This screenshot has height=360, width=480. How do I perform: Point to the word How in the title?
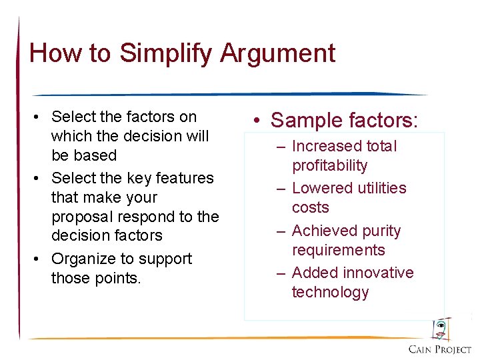(x=52, y=53)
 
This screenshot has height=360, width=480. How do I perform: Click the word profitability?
(x=329, y=165)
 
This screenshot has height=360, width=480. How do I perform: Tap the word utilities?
(x=381, y=188)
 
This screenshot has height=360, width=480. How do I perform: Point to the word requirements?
(x=338, y=250)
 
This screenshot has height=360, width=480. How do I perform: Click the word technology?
(x=330, y=292)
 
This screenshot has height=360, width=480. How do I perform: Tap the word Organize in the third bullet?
(x=81, y=259)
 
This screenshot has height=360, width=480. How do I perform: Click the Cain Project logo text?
(x=439, y=349)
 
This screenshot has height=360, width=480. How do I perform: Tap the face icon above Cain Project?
(x=440, y=329)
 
